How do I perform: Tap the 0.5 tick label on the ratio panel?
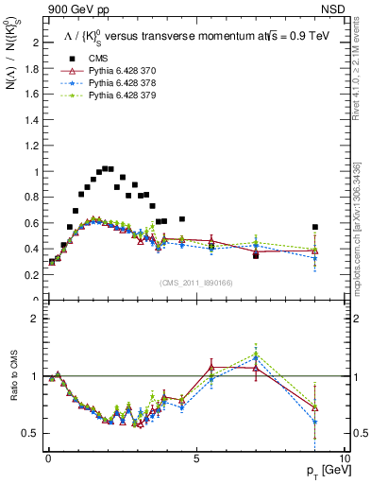point(32,433)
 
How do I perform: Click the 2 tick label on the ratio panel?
point(35,319)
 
